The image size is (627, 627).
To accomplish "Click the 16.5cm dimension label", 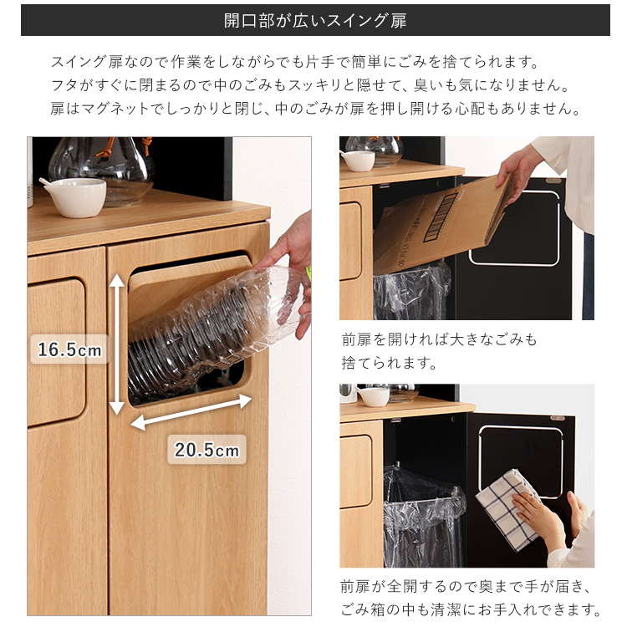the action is [69, 349].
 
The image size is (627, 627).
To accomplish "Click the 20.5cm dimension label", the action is [206, 450].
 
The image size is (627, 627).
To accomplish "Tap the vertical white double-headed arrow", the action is [117, 344].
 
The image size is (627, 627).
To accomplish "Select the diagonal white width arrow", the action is [191, 412].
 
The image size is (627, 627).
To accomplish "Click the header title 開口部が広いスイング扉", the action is [315, 20].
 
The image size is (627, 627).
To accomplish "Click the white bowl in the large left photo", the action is [76, 197].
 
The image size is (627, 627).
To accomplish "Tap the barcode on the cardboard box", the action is [440, 217].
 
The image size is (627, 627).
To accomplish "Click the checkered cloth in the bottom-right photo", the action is [508, 509].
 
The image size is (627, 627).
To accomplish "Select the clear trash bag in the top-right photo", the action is [412, 291].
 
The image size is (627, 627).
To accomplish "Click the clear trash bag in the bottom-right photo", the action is [423, 516].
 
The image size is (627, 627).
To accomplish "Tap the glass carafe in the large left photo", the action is [102, 170].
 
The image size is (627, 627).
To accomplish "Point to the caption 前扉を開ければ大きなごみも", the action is [439, 339].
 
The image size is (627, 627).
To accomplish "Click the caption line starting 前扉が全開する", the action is [466, 587].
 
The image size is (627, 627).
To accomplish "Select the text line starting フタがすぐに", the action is [309, 85].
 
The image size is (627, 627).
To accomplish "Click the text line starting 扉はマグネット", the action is [315, 109].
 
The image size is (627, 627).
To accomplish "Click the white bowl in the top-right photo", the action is [358, 161].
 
